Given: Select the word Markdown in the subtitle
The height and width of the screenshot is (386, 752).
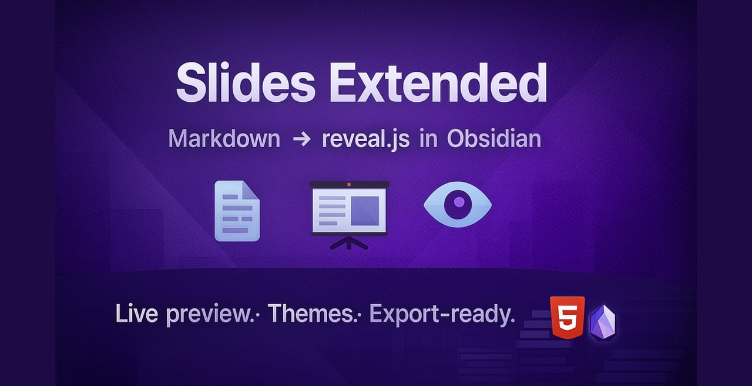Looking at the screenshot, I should point(224,139).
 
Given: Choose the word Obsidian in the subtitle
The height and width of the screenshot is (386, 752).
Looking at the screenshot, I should point(493,139).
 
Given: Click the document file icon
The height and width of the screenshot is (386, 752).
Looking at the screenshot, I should point(237,211).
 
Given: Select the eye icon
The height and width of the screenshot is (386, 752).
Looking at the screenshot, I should point(458,204).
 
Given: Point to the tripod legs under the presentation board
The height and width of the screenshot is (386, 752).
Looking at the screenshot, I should point(348,243).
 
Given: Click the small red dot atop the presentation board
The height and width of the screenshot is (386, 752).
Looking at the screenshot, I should point(348,184).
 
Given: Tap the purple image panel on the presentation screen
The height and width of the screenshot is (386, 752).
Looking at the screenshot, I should point(365,210).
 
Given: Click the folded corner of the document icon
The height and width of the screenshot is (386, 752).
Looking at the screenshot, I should point(251,189).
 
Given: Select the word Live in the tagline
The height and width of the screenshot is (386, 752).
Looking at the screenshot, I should point(137,314).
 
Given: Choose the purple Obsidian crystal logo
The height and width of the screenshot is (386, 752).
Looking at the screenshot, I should point(602,322).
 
